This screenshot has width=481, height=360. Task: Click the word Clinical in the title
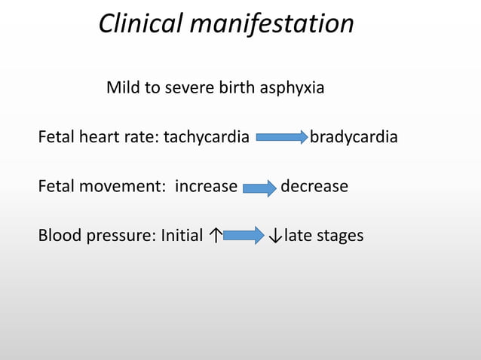(141, 25)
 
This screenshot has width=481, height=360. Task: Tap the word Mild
(123, 88)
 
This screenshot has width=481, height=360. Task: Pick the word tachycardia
(207, 138)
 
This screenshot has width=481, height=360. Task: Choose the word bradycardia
(354, 138)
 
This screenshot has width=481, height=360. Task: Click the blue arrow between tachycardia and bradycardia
(281, 138)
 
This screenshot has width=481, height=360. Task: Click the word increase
(206, 186)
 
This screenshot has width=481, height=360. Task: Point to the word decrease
(314, 186)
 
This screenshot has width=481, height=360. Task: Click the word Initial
(182, 236)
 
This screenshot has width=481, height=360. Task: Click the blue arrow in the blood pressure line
(244, 236)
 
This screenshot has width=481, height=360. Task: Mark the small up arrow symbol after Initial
(216, 236)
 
